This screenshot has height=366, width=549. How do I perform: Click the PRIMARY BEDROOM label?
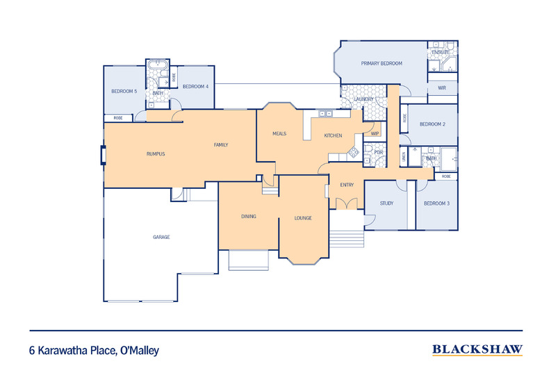382,63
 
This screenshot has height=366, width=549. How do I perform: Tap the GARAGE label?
161,237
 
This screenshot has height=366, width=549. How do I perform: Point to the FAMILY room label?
221,144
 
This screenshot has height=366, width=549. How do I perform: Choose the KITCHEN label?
333,135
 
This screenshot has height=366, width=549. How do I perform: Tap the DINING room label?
249,216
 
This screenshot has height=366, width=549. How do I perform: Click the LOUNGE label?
302,218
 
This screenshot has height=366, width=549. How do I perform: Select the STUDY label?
387,203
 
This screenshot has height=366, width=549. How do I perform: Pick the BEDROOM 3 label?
436,203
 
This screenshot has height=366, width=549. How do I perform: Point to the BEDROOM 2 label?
432,124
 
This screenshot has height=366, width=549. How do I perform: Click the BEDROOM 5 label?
124,91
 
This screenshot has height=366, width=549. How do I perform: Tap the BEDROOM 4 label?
195,86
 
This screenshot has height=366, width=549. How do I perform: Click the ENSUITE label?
440,52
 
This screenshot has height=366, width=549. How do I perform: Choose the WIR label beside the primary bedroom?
442,88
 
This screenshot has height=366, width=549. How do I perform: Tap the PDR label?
378,152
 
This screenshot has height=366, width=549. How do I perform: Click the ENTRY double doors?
345,203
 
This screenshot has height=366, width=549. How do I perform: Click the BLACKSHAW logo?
477,350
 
